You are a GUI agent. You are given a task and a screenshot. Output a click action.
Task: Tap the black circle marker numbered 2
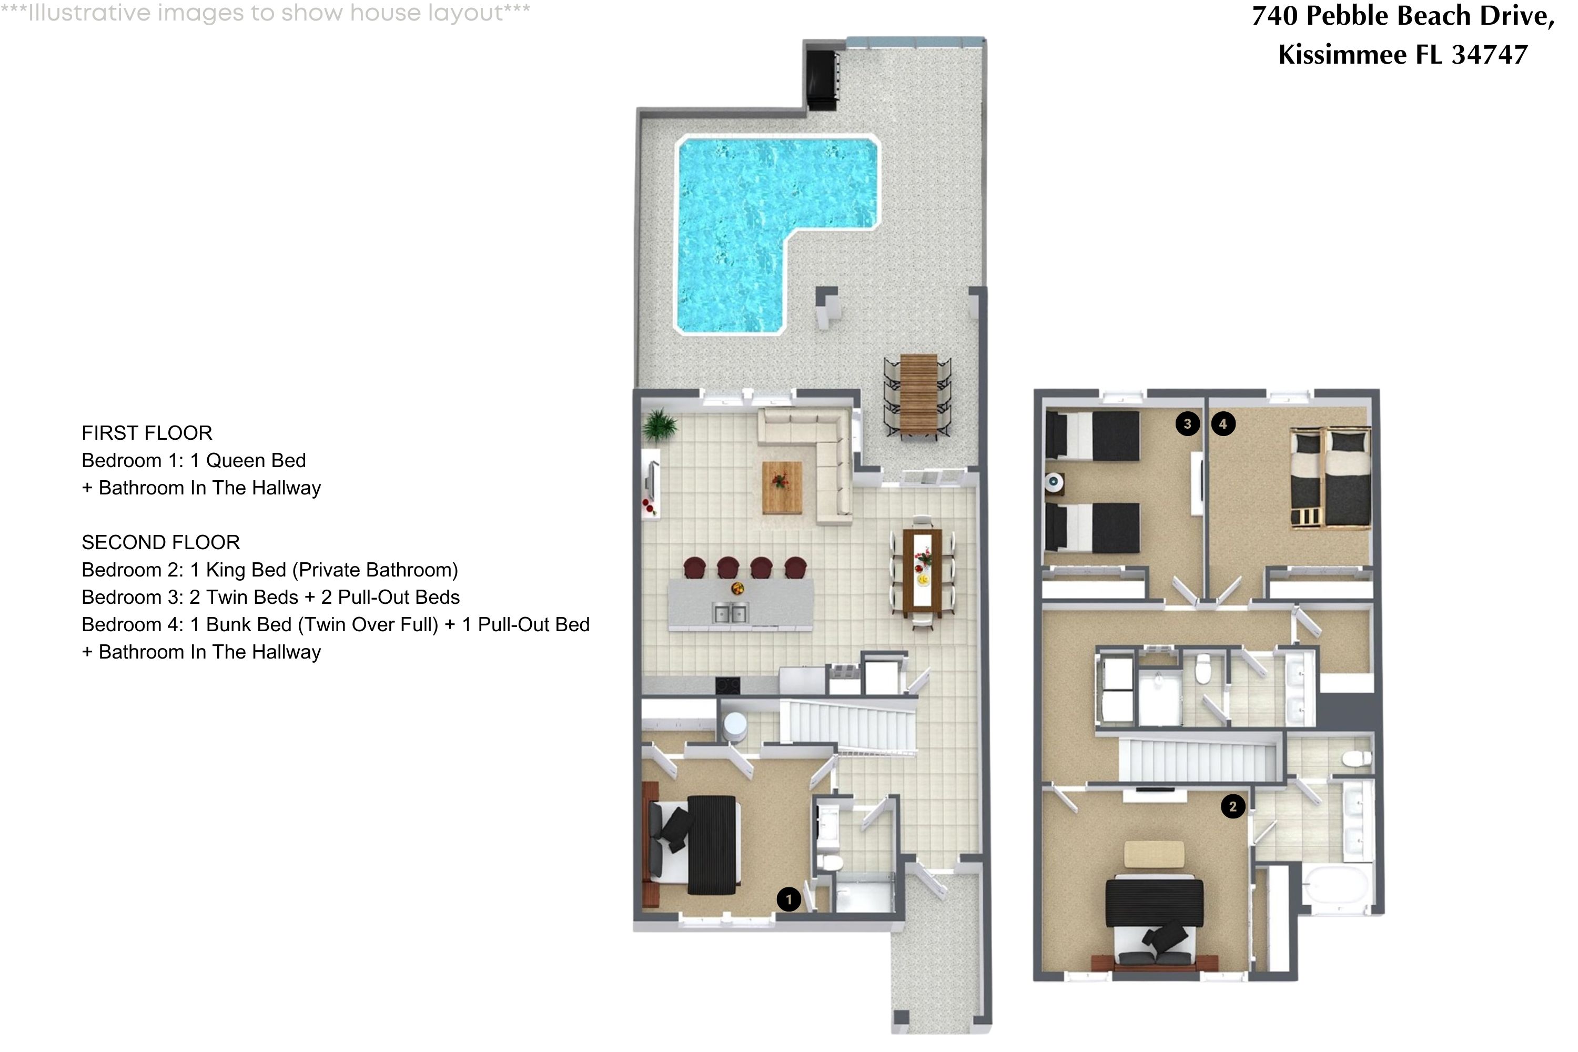[1232, 806]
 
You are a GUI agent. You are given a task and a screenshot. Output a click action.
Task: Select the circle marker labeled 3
[1188, 423]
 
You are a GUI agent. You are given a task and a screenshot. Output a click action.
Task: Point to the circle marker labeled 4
[1223, 423]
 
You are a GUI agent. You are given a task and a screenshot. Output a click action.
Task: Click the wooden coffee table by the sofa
[782, 487]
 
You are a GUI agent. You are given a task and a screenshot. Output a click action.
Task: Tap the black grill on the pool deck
[822, 79]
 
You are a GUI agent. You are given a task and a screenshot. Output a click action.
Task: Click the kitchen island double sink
[729, 613]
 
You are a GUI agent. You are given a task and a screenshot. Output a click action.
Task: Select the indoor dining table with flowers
[923, 572]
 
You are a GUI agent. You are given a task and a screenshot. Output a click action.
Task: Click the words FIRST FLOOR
[147, 433]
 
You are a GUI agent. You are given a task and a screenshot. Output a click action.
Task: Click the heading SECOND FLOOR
[160, 542]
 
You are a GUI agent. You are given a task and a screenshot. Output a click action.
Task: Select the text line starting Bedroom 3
[270, 597]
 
